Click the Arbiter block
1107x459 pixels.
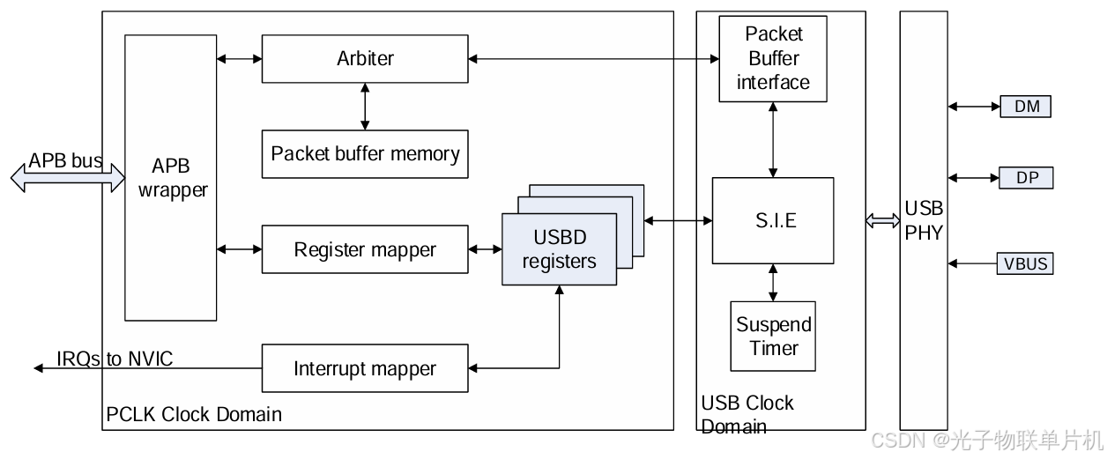pyautogui.click(x=365, y=59)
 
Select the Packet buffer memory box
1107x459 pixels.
pyautogui.click(x=365, y=154)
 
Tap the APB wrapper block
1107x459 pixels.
pyautogui.click(x=171, y=178)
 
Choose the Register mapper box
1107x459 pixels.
pyautogui.click(x=365, y=249)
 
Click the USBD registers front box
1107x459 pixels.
pyautogui.click(x=559, y=249)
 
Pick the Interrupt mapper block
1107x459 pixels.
pyautogui.click(x=365, y=368)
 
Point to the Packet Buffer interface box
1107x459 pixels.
pyautogui.click(x=773, y=58)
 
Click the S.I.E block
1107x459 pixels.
pyautogui.click(x=773, y=220)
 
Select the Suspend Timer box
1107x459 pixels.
pyautogui.click(x=773, y=336)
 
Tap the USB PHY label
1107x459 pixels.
pyautogui.click(x=924, y=220)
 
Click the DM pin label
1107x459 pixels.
pyautogui.click(x=1027, y=107)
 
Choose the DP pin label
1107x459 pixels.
pyautogui.click(x=1027, y=178)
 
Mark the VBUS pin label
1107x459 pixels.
pyautogui.click(x=1027, y=263)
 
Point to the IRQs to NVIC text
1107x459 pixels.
pyautogui.click(x=115, y=359)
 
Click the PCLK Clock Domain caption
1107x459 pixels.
pyautogui.click(x=194, y=414)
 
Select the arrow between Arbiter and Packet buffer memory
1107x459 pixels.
pyautogui.click(x=365, y=107)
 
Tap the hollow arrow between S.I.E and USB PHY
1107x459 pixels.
pyautogui.click(x=882, y=221)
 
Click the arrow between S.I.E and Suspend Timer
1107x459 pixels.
pyautogui.click(x=773, y=282)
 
